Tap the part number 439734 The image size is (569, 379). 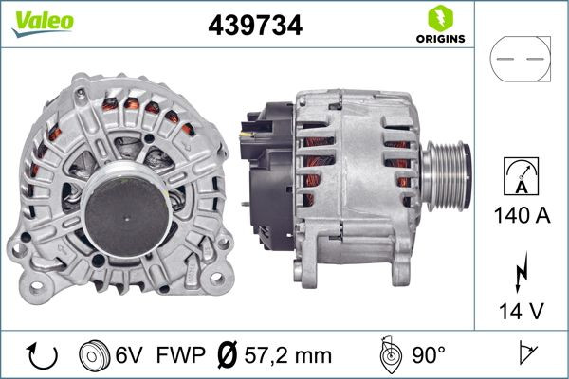[x=254, y=26]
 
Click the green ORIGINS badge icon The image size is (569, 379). [x=439, y=18]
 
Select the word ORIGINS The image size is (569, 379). [x=439, y=39]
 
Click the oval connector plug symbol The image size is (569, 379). [x=520, y=59]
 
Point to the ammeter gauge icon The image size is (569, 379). [x=520, y=180]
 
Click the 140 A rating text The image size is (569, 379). [x=520, y=215]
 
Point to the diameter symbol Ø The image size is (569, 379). [x=227, y=355]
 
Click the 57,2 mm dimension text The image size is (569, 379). [x=288, y=355]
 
